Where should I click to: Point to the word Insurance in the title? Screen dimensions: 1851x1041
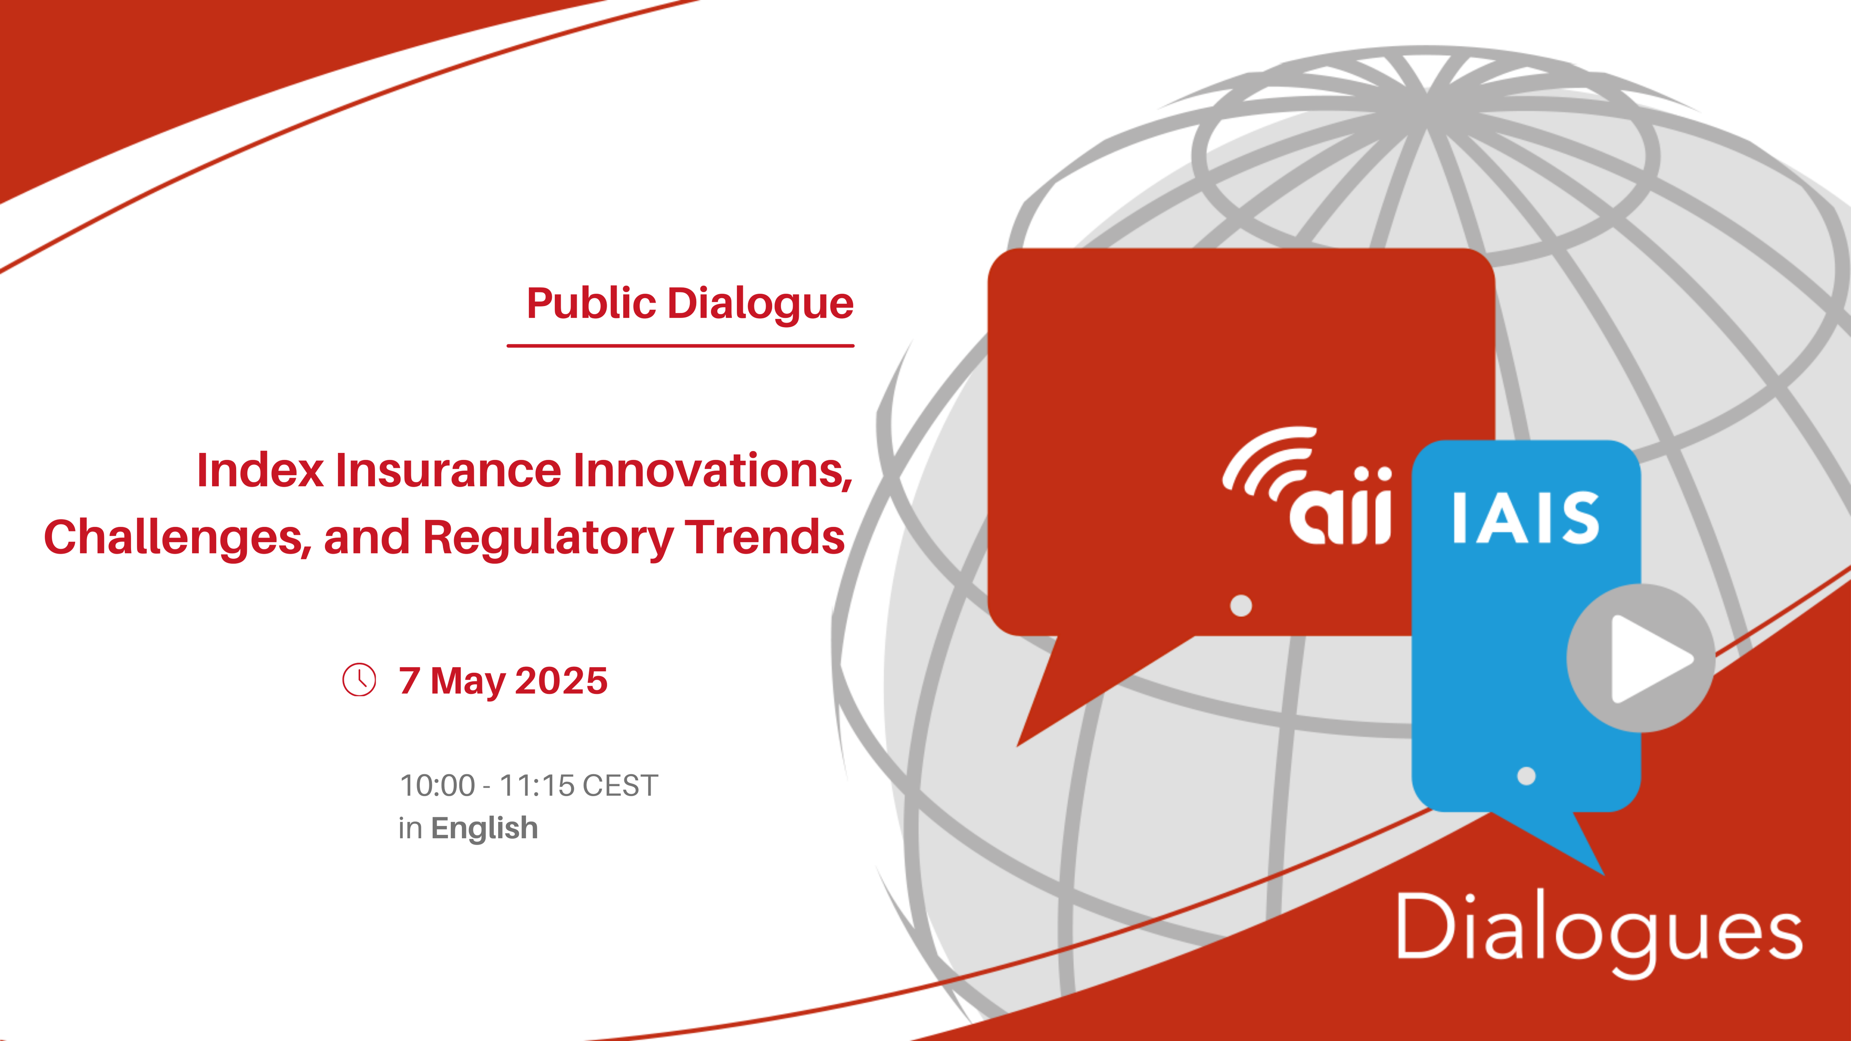pyautogui.click(x=449, y=471)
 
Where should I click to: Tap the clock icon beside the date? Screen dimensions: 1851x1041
pyautogui.click(x=359, y=680)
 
